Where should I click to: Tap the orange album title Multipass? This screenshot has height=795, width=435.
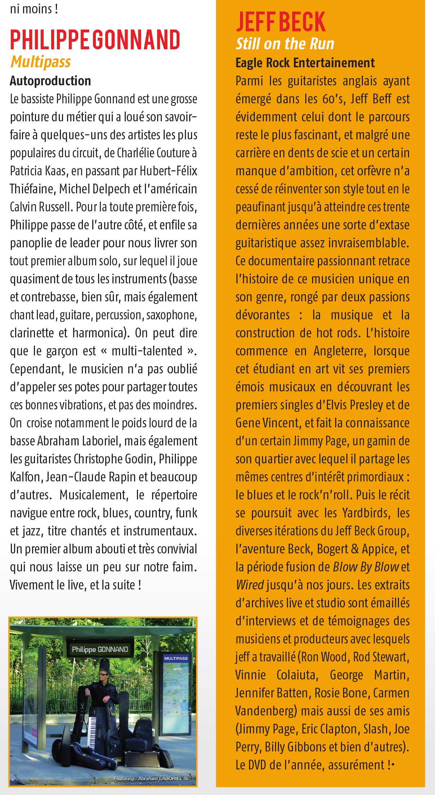(41, 62)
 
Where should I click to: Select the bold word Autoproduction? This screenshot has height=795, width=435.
(50, 81)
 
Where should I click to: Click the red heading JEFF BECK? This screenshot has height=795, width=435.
(281, 22)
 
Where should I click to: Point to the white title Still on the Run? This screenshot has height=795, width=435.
(285, 44)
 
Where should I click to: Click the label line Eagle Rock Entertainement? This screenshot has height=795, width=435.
(305, 63)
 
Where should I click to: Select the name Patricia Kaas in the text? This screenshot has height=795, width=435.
(38, 171)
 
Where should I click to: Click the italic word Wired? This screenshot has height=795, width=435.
(250, 585)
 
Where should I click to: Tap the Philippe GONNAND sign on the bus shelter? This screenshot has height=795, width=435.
(100, 649)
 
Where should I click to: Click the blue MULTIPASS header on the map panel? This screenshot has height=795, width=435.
(176, 658)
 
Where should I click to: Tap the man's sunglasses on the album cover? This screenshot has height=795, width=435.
(103, 673)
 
